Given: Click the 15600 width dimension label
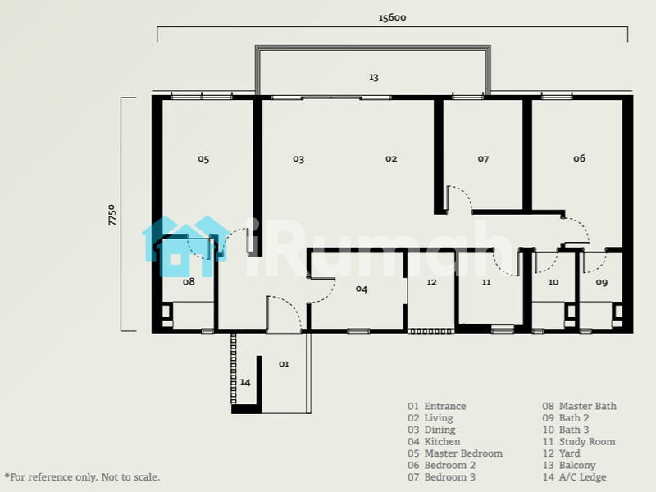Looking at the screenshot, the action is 392,17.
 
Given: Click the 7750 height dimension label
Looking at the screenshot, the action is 112,215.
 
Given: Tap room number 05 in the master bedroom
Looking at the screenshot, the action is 203,159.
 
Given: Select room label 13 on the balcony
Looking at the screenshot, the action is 374,77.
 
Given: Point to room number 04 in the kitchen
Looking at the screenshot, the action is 362,289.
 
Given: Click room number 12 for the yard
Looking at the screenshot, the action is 431,282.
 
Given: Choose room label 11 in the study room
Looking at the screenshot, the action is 485,282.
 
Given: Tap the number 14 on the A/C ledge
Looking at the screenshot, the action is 245,382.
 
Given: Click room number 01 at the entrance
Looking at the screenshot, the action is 284,364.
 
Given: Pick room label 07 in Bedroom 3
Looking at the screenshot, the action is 483,159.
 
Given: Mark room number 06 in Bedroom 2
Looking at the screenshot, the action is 580,158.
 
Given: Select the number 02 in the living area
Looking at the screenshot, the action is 391,158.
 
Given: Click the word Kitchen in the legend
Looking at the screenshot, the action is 442,442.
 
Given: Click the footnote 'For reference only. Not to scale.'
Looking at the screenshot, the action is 82,477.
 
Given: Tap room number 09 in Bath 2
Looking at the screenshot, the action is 601,282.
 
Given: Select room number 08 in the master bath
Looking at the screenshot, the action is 189,281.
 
